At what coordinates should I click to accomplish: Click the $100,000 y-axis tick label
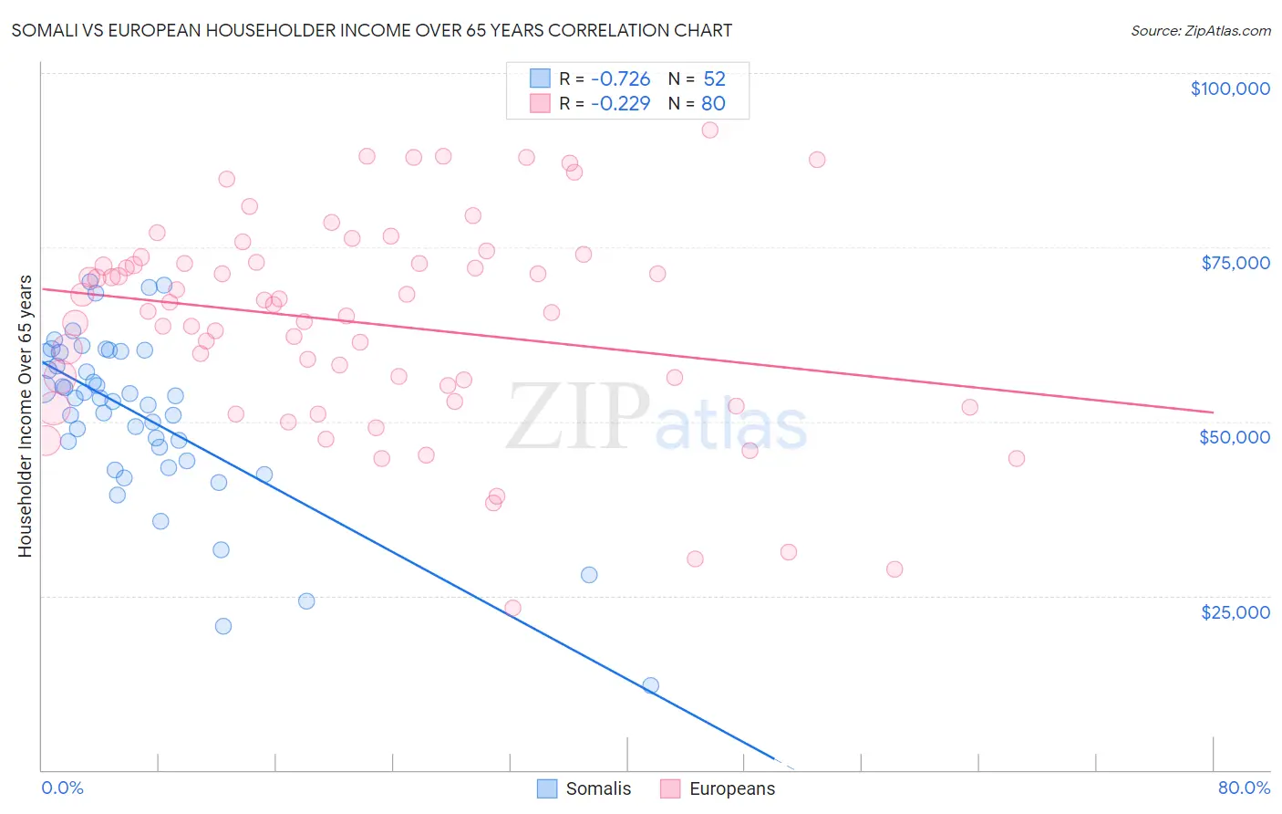tap(1229, 89)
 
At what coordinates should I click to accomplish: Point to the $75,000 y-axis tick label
tap(1235, 263)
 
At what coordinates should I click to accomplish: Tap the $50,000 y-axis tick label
tap(1234, 437)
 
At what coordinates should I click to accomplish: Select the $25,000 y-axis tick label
tap(1235, 611)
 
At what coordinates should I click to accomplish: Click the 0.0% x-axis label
tap(62, 788)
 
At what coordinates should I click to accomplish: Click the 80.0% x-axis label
tap(1244, 788)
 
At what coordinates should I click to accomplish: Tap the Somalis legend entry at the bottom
tap(584, 788)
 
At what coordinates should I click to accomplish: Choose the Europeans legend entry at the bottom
tap(718, 788)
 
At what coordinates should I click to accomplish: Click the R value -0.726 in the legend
tap(620, 79)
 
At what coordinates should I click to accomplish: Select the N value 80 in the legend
tap(713, 104)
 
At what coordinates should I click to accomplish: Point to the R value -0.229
tap(620, 104)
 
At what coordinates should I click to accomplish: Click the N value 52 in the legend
tap(714, 79)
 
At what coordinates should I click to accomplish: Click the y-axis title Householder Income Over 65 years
tap(26, 416)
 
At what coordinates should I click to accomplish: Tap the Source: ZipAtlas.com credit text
tap(1200, 31)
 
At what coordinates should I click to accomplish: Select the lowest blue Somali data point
tap(650, 685)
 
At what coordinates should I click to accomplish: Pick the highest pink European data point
tap(709, 130)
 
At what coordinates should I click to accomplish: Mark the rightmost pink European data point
tap(1016, 458)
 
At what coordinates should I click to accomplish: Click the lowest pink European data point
tap(512, 608)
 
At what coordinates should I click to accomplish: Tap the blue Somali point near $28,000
tap(589, 575)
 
